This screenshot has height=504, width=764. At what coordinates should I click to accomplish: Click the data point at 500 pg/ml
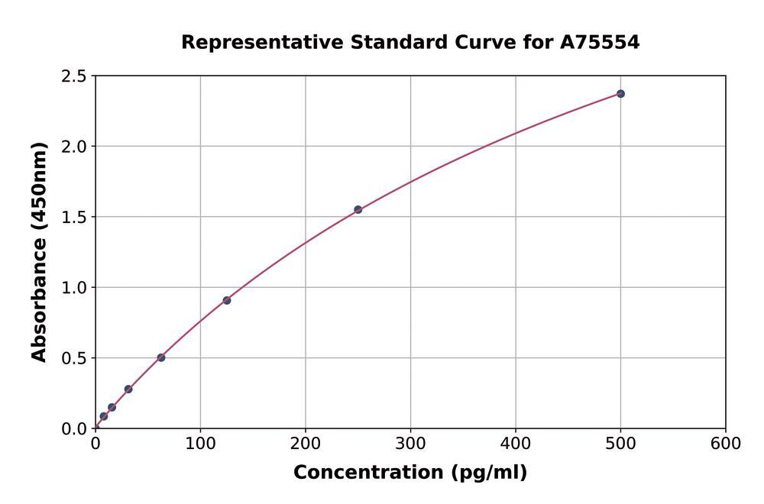tap(620, 94)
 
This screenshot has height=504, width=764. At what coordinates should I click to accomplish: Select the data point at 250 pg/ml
tap(358, 209)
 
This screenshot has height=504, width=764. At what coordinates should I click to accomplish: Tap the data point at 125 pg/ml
tap(227, 300)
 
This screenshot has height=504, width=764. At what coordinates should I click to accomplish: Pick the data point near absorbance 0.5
tap(161, 357)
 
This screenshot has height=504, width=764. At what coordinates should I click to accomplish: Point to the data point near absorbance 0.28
tap(128, 389)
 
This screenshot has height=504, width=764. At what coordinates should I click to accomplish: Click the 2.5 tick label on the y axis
tap(74, 76)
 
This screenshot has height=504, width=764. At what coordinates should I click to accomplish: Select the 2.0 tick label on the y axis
tap(74, 147)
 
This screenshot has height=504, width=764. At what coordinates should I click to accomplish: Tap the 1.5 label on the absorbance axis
tap(74, 217)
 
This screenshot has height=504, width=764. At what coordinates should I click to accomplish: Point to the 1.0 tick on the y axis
tap(74, 288)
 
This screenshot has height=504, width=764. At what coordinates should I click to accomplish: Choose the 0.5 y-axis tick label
tap(74, 358)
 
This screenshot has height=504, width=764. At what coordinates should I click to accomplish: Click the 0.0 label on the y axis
tap(74, 428)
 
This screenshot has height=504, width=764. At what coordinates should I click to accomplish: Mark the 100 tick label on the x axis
tap(200, 444)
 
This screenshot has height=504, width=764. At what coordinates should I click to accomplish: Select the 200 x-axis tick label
tap(306, 444)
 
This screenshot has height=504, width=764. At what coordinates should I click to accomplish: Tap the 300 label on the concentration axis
tap(410, 444)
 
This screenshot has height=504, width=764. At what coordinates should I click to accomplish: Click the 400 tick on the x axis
tap(516, 444)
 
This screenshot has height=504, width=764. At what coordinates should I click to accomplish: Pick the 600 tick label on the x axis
tap(725, 444)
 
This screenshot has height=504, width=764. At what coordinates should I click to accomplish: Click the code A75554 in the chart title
tap(600, 43)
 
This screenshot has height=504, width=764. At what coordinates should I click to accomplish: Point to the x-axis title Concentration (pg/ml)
tap(410, 473)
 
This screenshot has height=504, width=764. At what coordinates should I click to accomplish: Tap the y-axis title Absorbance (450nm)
tap(40, 252)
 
